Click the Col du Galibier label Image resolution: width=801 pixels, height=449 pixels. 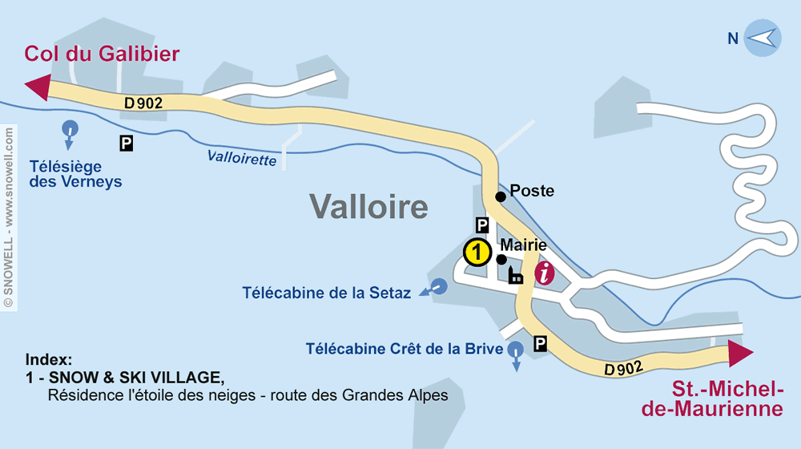pyautogui.click(x=102, y=54)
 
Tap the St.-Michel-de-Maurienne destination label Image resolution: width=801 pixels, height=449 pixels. pyautogui.click(x=727, y=398)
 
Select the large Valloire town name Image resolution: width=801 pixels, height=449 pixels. pyautogui.click(x=369, y=208)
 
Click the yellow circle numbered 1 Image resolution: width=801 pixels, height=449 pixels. pyautogui.click(x=477, y=253)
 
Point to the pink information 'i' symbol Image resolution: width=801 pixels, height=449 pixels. pyautogui.click(x=545, y=273)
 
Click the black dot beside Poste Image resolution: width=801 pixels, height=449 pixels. pyautogui.click(x=500, y=196)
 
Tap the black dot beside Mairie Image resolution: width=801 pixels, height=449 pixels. pyautogui.click(x=501, y=259)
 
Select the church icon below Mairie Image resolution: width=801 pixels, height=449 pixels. pyautogui.click(x=515, y=277)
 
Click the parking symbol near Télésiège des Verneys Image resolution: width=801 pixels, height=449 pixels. pyautogui.click(x=126, y=144)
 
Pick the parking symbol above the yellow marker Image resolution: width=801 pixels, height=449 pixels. pyautogui.click(x=482, y=225)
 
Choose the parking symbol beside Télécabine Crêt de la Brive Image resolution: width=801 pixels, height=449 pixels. pyautogui.click(x=541, y=344)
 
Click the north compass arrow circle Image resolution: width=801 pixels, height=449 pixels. pyautogui.click(x=762, y=38)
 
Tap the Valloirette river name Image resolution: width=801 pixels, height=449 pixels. pyautogui.click(x=241, y=159)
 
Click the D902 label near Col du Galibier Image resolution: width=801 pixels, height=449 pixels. pyautogui.click(x=144, y=103)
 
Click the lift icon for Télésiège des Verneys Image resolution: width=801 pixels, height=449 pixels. pyautogui.click(x=70, y=130)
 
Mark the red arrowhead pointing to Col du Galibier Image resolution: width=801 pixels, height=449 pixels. pyautogui.click(x=38, y=87)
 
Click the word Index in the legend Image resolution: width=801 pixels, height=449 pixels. pyautogui.click(x=49, y=359)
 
